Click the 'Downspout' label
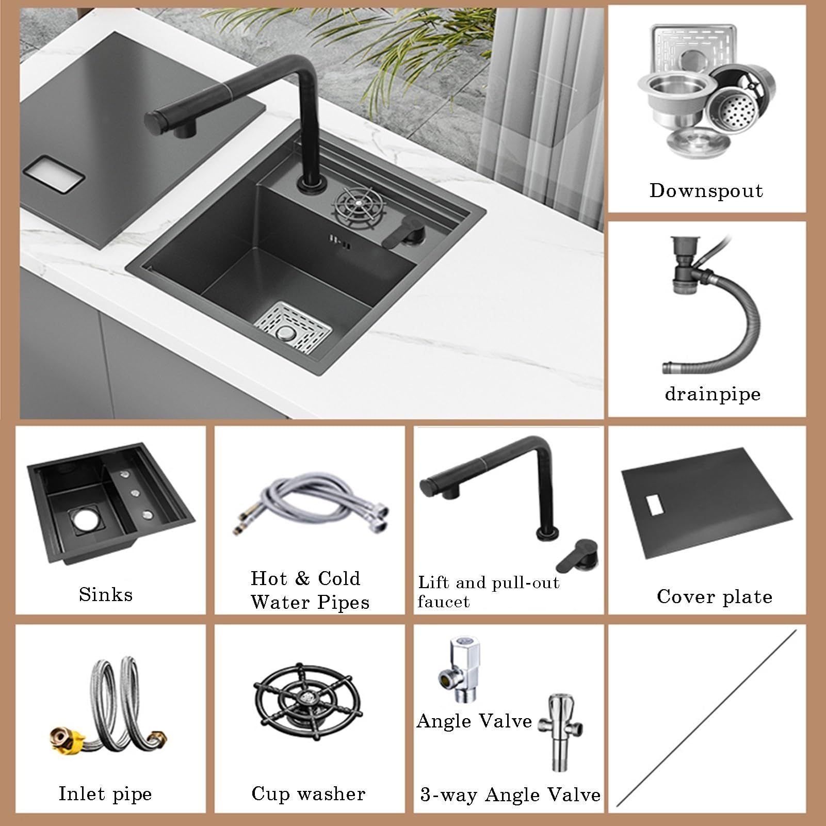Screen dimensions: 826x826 [706, 191]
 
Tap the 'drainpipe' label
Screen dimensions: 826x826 [712, 395]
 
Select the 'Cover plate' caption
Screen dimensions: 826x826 [715, 596]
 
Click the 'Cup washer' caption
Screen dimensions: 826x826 [309, 793]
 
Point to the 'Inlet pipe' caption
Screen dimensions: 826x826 [105, 793]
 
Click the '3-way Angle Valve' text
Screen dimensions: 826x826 [510, 795]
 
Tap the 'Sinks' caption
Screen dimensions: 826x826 [106, 594]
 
